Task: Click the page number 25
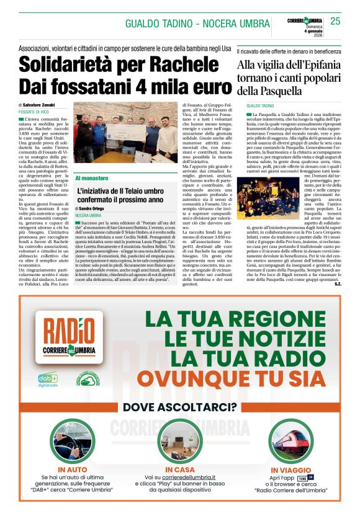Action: click(335, 21)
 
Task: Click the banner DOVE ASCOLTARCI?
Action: click(179, 407)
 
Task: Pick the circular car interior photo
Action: click(72, 442)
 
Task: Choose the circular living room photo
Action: click(179, 442)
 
